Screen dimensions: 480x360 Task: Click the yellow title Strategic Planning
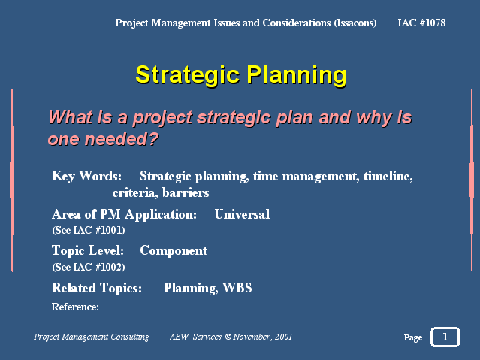pyautogui.click(x=241, y=75)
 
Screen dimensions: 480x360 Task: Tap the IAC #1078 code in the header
pyautogui.click(x=421, y=23)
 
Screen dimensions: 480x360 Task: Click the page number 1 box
pyautogui.click(x=445, y=337)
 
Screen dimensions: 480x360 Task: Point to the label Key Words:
pyautogui.click(x=86, y=176)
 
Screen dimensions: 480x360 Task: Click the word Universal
pyautogui.click(x=242, y=214)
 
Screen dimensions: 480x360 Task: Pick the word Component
pyautogui.click(x=174, y=251)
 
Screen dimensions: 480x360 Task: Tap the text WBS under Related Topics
pyautogui.click(x=237, y=288)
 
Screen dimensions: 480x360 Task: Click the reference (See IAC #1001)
pyautogui.click(x=89, y=230)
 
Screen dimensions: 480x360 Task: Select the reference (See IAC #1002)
pyautogui.click(x=89, y=267)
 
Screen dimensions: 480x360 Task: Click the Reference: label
pyautogui.click(x=75, y=307)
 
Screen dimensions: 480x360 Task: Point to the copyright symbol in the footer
pyautogui.click(x=228, y=337)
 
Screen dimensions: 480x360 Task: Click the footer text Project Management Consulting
pyautogui.click(x=91, y=337)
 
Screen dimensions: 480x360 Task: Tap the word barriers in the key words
pyautogui.click(x=186, y=192)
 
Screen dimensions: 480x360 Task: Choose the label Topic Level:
pyautogui.click(x=88, y=250)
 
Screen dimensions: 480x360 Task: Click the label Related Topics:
pyautogui.click(x=97, y=288)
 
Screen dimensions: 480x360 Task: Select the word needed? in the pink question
pyautogui.click(x=122, y=139)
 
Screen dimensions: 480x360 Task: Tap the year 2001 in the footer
pyautogui.click(x=283, y=337)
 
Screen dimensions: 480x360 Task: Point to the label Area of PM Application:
pyautogui.click(x=124, y=214)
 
